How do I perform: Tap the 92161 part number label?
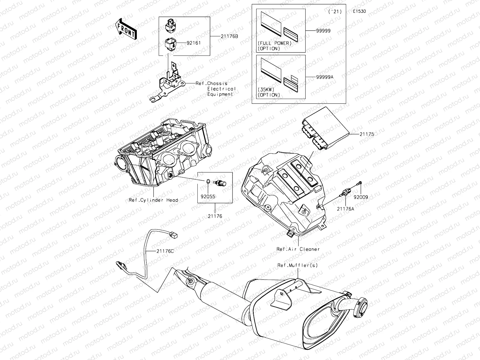pos(193,43)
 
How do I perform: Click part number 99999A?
pos(325,77)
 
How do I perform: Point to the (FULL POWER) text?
pos(274,43)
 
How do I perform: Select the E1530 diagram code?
pos(359,11)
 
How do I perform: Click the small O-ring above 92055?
pos(208,181)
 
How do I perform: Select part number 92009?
pos(361,197)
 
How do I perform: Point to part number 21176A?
pos(345,209)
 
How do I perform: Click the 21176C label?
pos(165,251)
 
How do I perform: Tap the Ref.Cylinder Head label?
pos(153,200)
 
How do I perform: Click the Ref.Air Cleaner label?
pos(298,249)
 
